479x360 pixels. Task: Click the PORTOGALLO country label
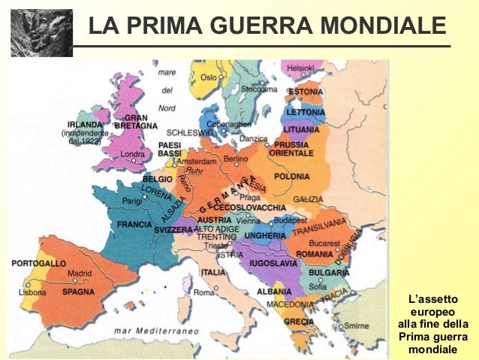(39, 264)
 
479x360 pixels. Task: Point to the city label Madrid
(80, 274)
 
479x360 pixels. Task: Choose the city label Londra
(133, 156)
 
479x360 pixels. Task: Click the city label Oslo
(208, 77)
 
